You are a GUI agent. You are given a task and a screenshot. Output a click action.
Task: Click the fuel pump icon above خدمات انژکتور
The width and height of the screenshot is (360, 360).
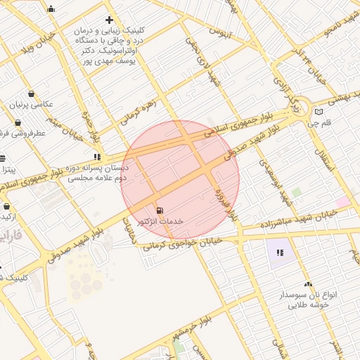coord(160,210)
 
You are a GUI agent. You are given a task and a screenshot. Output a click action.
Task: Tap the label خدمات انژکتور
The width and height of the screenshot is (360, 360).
coord(162,221)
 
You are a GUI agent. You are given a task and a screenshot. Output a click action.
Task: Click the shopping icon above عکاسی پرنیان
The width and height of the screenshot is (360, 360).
coord(32,94)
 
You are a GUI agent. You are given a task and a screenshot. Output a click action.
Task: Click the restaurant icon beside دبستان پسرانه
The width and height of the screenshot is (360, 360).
coord(96,157)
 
